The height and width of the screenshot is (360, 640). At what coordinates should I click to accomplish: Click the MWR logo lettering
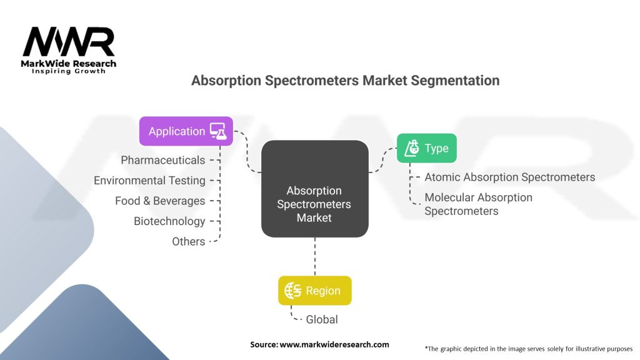[69, 42]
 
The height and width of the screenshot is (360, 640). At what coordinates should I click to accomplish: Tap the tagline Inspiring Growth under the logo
[69, 71]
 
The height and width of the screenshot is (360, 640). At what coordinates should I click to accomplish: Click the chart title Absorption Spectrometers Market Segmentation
[345, 81]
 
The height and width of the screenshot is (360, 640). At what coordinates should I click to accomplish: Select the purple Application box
[186, 131]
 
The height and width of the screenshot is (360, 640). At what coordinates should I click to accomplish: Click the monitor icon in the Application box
[217, 131]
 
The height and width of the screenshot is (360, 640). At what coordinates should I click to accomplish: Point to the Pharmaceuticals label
[162, 160]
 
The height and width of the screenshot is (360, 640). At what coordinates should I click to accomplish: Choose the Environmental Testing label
[149, 181]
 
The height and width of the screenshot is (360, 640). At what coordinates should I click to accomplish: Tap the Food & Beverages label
[160, 201]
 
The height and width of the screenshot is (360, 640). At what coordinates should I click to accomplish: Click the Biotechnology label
[169, 221]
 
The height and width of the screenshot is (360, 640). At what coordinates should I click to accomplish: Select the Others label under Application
[188, 242]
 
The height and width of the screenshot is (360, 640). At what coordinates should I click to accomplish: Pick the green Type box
[426, 148]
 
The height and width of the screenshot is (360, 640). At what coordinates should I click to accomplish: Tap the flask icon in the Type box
[411, 148]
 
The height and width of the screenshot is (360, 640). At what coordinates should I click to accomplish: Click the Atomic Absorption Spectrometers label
[509, 177]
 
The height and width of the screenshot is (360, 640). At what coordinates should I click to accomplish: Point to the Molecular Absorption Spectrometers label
[478, 204]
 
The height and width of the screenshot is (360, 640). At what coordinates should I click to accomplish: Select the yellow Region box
[314, 291]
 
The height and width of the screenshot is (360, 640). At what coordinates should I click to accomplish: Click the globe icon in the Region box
[293, 291]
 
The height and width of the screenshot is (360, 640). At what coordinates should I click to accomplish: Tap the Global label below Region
[321, 319]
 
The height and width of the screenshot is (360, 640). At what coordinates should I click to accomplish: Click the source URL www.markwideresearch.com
[319, 344]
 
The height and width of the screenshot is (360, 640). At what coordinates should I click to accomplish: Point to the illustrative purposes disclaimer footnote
[528, 348]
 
